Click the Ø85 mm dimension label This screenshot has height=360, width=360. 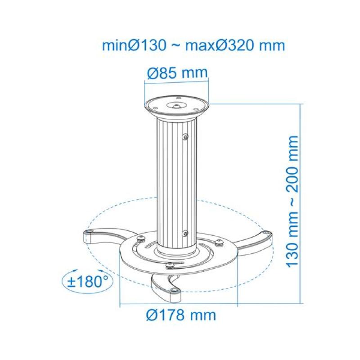pos(177,72)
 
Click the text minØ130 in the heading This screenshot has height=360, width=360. pos(135,46)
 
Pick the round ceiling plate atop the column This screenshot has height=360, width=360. pos(177,107)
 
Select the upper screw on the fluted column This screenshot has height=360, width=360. pos(185,136)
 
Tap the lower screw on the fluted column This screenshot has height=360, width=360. pos(185,233)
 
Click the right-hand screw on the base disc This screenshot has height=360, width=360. pos(219,243)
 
